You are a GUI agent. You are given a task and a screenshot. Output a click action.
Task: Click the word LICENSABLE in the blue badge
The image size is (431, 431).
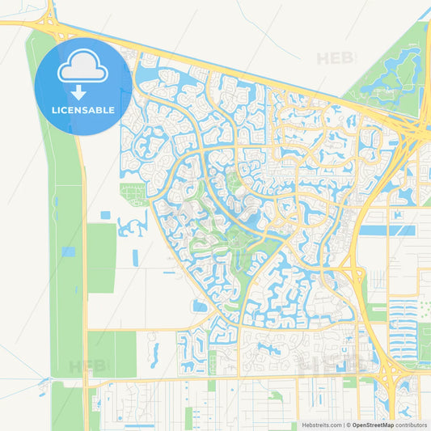pos(83,110)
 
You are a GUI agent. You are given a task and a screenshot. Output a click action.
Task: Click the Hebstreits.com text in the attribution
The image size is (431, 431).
pos(322,425)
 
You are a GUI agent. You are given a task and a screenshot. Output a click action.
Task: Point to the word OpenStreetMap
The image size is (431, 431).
pos(373,425)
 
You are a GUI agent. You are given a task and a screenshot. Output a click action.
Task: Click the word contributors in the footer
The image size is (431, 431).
pos(411,425)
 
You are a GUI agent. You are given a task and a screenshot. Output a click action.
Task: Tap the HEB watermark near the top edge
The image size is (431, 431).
pos(334,58)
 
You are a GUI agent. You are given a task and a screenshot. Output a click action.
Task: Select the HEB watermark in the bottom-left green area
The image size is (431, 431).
pos(87,366)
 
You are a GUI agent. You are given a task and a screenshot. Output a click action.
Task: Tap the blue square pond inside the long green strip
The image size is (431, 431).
pos(69,251)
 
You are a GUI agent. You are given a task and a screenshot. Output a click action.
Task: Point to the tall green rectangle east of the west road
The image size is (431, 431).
pos(101,257)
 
